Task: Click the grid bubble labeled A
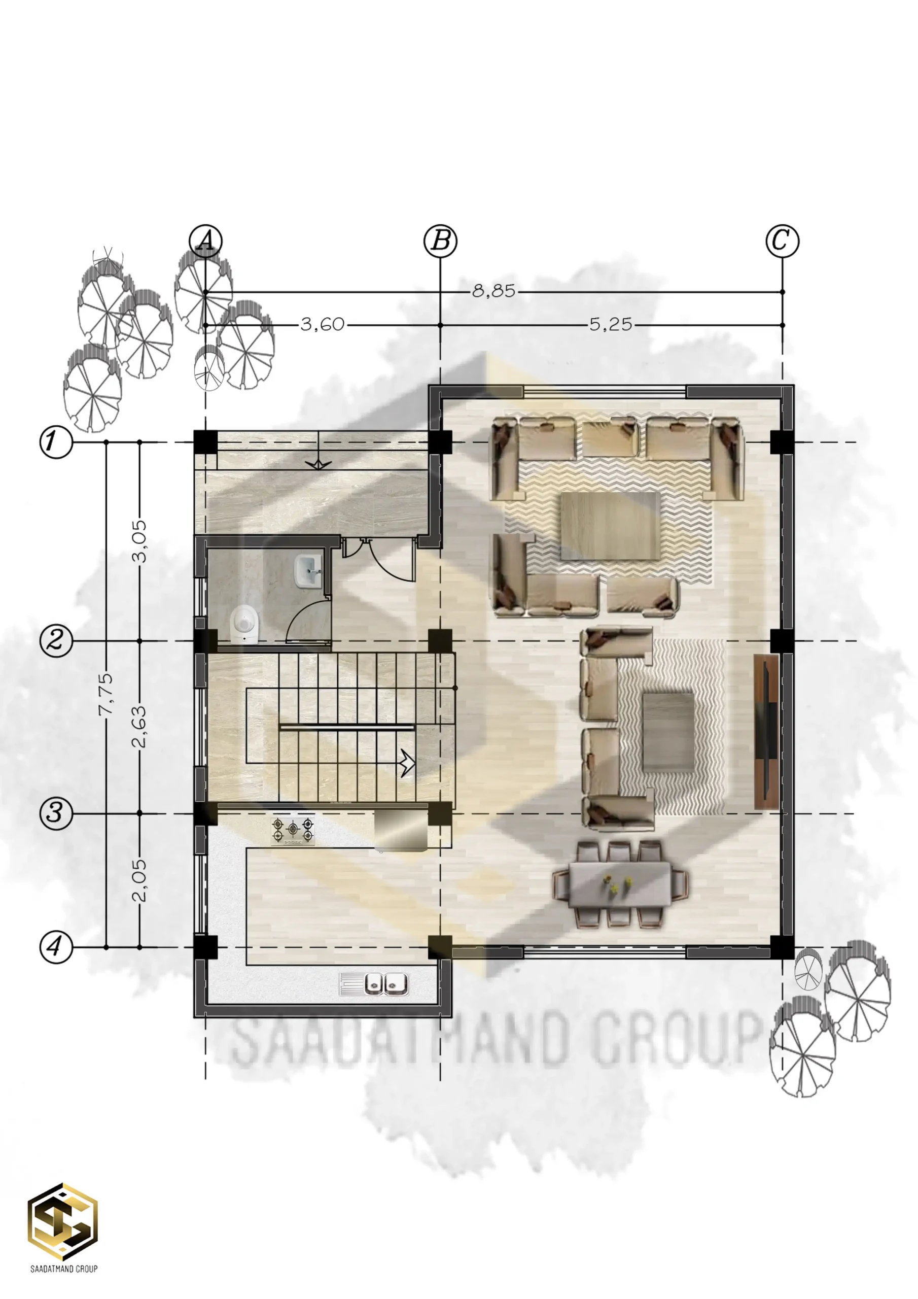[205, 241]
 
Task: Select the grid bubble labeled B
[441, 241]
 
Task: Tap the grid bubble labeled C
[782, 241]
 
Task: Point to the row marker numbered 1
[56, 441]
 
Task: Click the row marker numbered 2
[56, 641]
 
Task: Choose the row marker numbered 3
[56, 813]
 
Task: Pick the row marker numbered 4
[56, 947]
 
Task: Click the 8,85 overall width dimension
[494, 291]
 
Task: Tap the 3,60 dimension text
[323, 325]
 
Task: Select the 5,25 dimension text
[611, 325]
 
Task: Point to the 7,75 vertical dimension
[107, 694]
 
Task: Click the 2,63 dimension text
[139, 727]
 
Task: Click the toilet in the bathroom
[245, 625]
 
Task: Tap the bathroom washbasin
[308, 571]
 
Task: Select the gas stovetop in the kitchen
[293, 831]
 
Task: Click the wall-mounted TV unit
[767, 732]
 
